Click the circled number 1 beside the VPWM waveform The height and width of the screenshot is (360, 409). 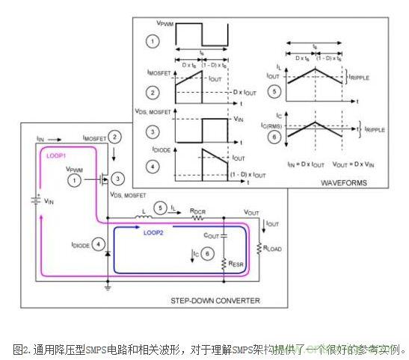153,40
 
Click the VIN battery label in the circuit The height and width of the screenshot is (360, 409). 49,202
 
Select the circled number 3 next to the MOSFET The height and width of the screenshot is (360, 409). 119,181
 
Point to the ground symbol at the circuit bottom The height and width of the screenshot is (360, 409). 108,285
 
